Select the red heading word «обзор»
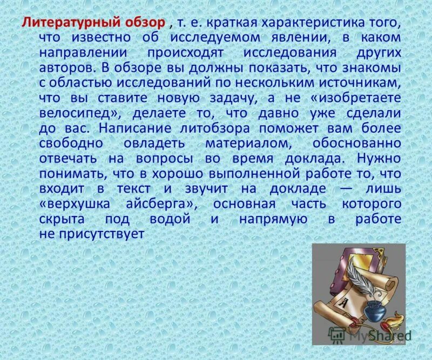coord(144,23)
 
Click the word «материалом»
coord(244,144)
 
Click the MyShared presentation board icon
coord(338,335)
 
